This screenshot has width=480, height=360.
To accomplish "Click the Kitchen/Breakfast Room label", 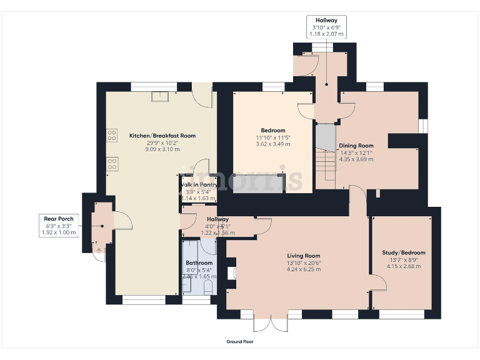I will click(162, 136).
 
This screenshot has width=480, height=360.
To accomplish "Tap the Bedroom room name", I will click(273, 130).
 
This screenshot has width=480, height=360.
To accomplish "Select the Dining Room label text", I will click(356, 146).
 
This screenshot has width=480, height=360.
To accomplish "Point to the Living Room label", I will click(304, 256).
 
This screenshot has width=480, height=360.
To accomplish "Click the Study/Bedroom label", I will click(403, 252).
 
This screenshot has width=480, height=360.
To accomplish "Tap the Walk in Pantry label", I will click(199, 185).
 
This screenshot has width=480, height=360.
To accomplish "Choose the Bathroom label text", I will click(199, 264).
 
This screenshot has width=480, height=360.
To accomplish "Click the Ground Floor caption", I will click(240, 342).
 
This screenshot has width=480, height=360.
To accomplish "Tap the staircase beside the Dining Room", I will click(325, 156).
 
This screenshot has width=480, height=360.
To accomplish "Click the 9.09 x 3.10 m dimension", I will click(162, 149).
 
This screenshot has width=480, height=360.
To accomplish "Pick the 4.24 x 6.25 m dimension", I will click(304, 269).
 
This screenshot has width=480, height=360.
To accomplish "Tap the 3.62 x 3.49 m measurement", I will click(273, 144).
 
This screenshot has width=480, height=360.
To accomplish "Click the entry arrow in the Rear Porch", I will click(97, 251).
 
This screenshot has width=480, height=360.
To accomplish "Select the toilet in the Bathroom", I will click(209, 286).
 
